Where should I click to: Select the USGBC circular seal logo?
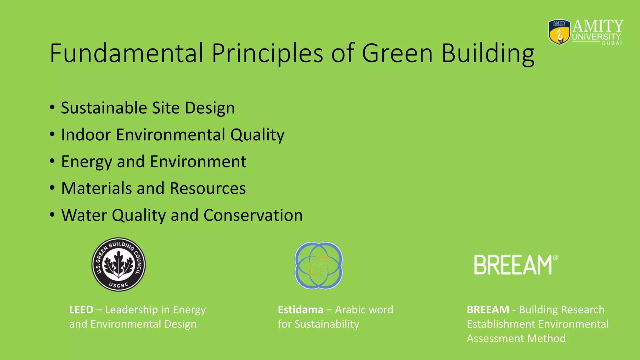(118, 264)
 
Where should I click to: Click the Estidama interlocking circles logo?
(318, 265)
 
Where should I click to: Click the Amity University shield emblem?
(559, 32)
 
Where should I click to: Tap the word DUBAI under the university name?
(612, 43)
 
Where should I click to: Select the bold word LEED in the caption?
(81, 310)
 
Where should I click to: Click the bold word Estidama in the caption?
(300, 310)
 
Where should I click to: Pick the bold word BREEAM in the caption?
(488, 310)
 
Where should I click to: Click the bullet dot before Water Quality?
(52, 215)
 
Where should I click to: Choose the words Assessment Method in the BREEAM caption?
(516, 338)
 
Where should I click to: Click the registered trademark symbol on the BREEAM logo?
(555, 257)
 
